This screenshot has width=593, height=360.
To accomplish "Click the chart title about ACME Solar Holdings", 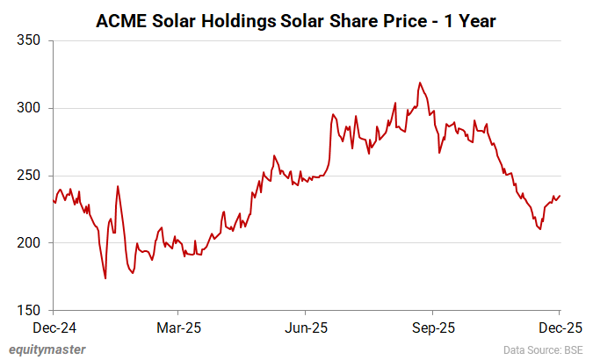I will (x=296, y=18).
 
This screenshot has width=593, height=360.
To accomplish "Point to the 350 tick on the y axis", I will (x=31, y=41).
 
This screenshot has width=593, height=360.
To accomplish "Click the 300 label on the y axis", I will (x=31, y=109).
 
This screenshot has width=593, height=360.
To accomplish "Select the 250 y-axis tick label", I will (x=31, y=176).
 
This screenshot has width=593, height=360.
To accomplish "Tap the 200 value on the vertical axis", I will (x=31, y=243).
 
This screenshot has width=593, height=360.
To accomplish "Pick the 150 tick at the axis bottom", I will (x=31, y=311).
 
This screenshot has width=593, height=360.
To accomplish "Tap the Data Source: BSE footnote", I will (x=542, y=350).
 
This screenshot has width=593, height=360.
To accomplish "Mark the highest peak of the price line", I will (x=420, y=83).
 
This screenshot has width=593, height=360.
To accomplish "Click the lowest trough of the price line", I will (x=105, y=278).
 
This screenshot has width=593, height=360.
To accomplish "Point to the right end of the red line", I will (x=560, y=195).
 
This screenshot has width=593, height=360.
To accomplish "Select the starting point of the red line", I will (x=53, y=200).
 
